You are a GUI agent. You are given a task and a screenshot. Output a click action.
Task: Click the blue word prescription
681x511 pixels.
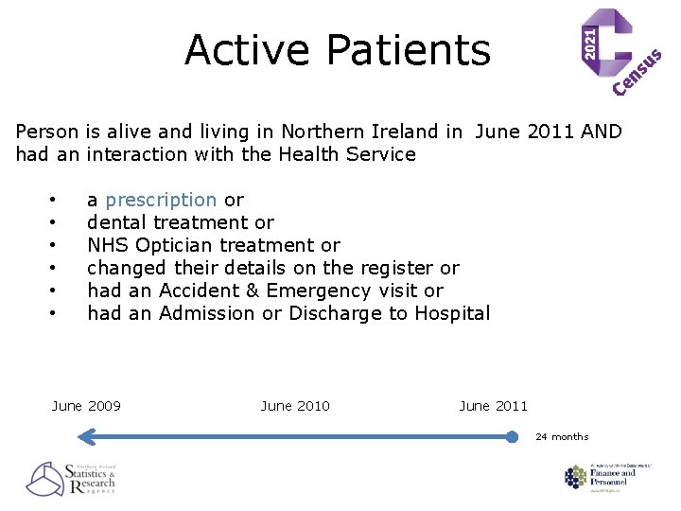pyautogui.click(x=161, y=200)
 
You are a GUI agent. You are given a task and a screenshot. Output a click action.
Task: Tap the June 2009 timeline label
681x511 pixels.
pyautogui.click(x=86, y=406)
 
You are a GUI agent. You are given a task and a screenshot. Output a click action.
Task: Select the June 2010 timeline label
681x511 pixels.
pyautogui.click(x=295, y=406)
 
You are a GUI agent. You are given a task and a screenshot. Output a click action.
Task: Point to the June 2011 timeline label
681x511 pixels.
pyautogui.click(x=493, y=406)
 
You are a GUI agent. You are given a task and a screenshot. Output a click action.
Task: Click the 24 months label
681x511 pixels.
pyautogui.click(x=562, y=437)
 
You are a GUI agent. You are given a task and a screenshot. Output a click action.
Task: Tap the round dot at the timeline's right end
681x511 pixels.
pyautogui.click(x=512, y=437)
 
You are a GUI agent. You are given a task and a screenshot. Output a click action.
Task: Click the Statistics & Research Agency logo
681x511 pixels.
pyautogui.click(x=71, y=479)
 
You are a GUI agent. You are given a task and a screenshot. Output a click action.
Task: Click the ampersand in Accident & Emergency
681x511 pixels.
pyautogui.click(x=242, y=291)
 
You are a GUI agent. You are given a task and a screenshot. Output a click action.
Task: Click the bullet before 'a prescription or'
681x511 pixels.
pyautogui.click(x=55, y=201)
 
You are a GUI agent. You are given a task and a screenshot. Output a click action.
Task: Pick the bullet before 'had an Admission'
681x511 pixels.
pyautogui.click(x=55, y=314)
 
